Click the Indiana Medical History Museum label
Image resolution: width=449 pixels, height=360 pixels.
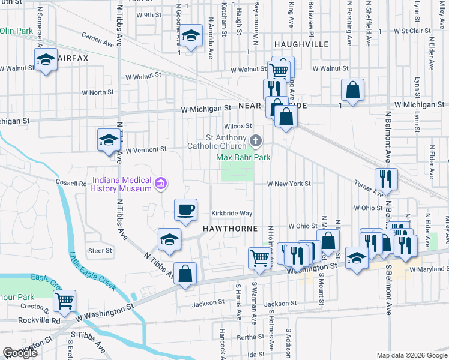point(121,184)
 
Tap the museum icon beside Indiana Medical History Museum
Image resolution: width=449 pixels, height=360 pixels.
point(160,183)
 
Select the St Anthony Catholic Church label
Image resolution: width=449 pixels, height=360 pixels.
point(217,142)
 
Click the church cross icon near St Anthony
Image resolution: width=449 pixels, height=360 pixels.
point(256,142)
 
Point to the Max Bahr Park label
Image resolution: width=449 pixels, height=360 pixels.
point(243,158)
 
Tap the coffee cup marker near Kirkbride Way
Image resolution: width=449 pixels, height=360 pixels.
point(185,210)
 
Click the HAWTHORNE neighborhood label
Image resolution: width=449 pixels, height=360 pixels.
point(230,229)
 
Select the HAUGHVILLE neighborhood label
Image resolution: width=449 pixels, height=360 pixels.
point(301,44)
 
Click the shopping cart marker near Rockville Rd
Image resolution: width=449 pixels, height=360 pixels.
point(64,301)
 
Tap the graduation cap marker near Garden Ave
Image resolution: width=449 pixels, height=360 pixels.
point(191,37)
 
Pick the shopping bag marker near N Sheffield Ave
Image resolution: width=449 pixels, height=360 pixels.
point(352,90)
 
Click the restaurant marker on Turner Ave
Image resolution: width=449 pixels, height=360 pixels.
point(385,178)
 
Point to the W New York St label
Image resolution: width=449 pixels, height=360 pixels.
point(289,184)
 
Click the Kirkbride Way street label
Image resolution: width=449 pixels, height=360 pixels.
point(231,214)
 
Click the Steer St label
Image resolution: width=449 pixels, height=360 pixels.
point(100,250)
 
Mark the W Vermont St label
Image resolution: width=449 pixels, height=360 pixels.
point(145,149)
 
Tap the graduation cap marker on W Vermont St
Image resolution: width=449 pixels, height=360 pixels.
point(109,140)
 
